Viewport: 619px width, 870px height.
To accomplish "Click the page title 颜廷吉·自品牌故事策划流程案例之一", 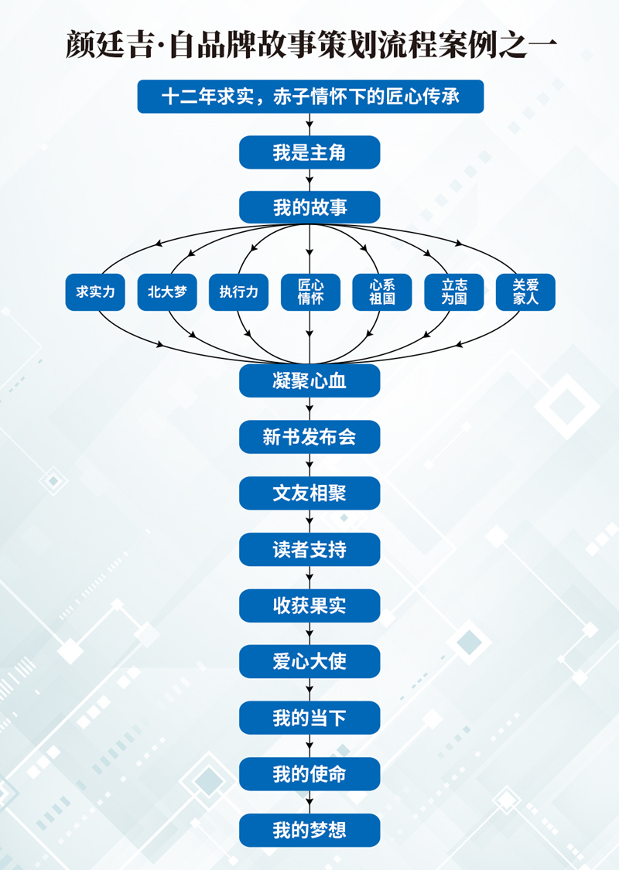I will (x=310, y=43).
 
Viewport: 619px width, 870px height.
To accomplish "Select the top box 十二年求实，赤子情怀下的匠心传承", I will (x=310, y=97).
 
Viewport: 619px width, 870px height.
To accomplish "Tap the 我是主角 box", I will (x=309, y=152).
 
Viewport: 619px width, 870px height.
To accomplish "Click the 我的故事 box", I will (x=309, y=207).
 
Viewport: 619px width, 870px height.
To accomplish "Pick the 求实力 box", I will (x=95, y=292).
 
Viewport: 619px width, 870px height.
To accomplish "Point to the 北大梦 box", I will (x=167, y=292).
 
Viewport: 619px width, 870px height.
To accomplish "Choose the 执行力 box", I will (x=238, y=292).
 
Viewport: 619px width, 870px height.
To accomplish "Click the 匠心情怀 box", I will (x=310, y=292).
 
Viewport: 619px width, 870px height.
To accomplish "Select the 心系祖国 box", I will (x=382, y=292).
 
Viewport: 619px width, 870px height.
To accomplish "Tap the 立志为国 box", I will (x=453, y=292).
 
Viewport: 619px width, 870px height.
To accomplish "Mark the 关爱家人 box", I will (x=525, y=292).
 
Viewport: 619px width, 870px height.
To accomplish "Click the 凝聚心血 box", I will (x=309, y=380).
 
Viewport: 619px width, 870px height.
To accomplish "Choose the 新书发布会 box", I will (x=309, y=437).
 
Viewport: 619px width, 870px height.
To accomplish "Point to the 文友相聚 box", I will (x=309, y=493).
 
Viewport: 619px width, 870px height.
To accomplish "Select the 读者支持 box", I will (x=309, y=549).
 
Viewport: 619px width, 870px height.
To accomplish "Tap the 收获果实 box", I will (x=309, y=606).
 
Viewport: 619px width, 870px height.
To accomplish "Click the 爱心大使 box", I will (x=309, y=662).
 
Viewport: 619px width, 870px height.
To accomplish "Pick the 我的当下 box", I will (x=309, y=718).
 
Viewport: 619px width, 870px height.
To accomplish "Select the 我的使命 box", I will (x=309, y=774).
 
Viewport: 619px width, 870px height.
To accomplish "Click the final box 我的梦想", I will (x=309, y=830).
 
